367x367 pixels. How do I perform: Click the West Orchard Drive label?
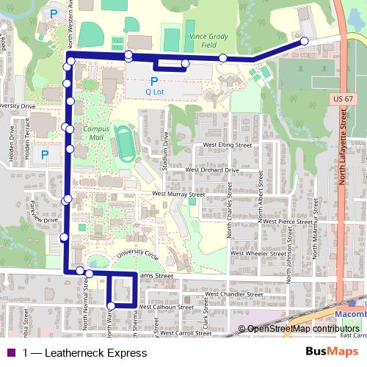point(213,170)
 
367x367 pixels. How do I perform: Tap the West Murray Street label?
point(178,195)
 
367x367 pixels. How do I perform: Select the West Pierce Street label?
point(286,220)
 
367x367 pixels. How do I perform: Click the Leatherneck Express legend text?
point(84,353)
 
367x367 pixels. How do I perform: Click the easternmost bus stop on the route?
point(304,42)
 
